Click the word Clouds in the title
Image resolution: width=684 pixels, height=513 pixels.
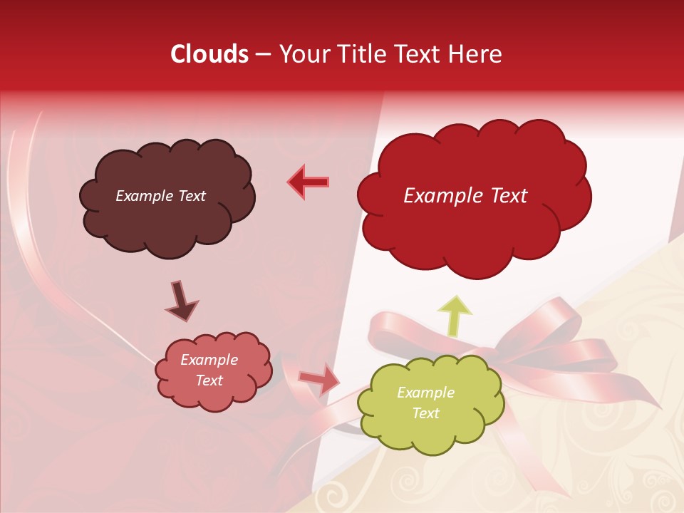pos(209,54)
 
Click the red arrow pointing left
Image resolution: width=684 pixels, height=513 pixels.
pos(308,182)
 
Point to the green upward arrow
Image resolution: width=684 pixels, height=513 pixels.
pos(455,314)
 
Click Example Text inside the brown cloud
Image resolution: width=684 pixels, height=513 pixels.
pos(160,196)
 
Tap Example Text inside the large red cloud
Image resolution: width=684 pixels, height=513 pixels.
pos(465,196)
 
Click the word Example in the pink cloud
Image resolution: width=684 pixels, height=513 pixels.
pos(209,360)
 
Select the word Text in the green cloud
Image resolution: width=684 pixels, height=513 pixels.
pos(426,413)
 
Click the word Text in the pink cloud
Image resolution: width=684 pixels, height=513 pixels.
pos(209,380)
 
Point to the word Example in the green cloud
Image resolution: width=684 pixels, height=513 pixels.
pos(425,393)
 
